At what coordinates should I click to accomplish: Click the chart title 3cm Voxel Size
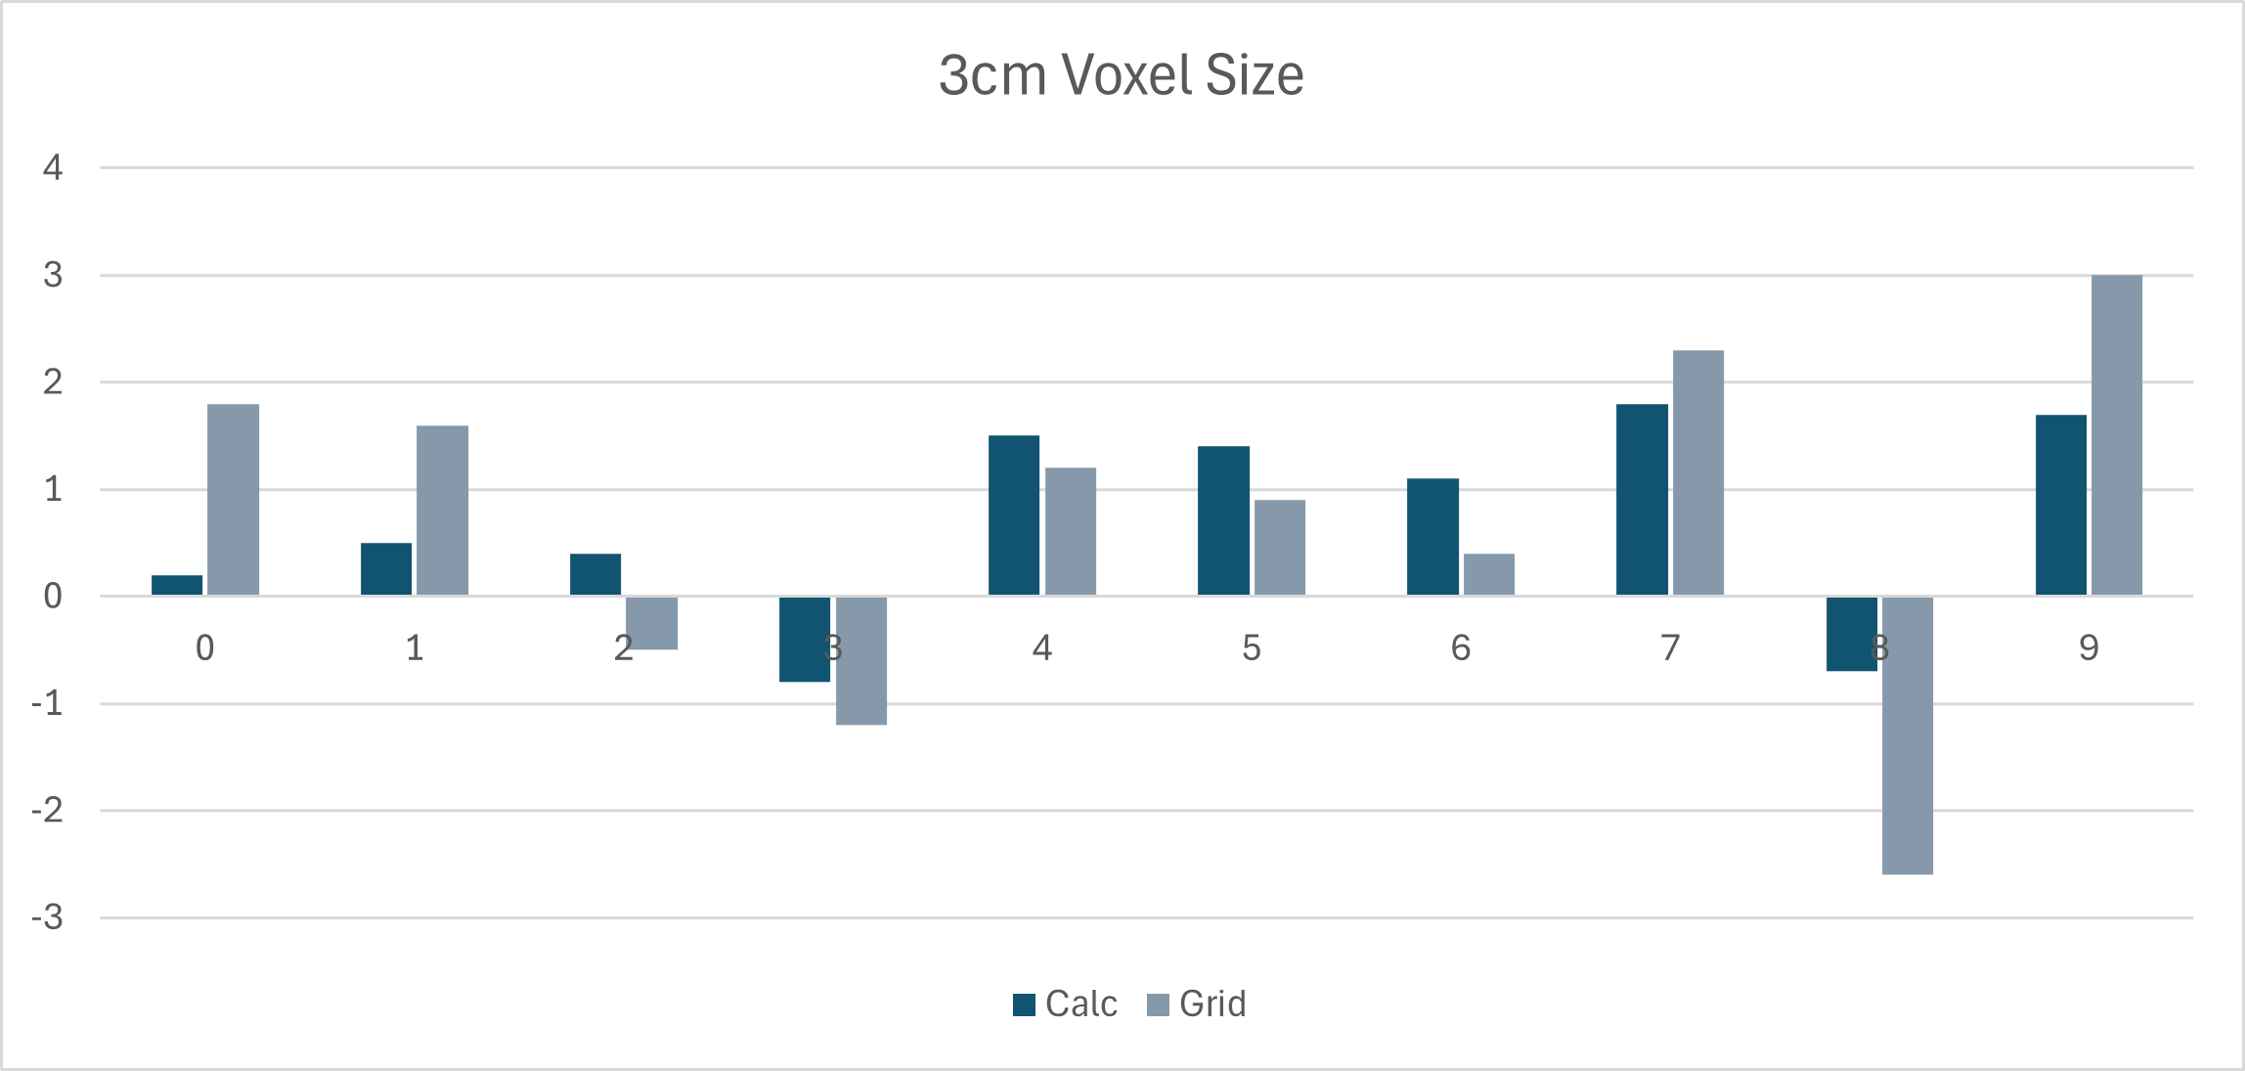(x=1121, y=74)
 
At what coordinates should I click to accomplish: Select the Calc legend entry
(x=1065, y=1004)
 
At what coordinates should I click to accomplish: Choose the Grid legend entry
(x=1197, y=1004)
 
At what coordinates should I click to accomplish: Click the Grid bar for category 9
(x=2116, y=435)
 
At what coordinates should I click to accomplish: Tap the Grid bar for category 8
(x=1907, y=735)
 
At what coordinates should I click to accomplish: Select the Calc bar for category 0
(x=177, y=585)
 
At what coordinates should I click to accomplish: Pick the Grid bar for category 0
(x=233, y=500)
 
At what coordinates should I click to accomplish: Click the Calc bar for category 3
(x=805, y=639)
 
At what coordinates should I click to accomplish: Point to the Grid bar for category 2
(x=651, y=623)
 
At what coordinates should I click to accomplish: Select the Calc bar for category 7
(x=1642, y=500)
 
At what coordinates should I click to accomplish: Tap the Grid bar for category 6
(x=1488, y=574)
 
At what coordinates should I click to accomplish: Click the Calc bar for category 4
(x=1014, y=515)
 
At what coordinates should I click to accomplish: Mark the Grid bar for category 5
(x=1279, y=548)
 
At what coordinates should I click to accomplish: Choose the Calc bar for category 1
(x=386, y=569)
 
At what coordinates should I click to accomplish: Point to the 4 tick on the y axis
(x=53, y=168)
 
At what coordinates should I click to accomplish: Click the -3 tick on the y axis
(x=47, y=918)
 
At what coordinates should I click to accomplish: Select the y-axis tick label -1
(x=47, y=704)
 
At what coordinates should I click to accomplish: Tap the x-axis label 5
(x=1252, y=647)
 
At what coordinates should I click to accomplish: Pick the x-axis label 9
(x=2089, y=647)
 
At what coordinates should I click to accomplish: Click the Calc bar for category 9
(x=2060, y=505)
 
